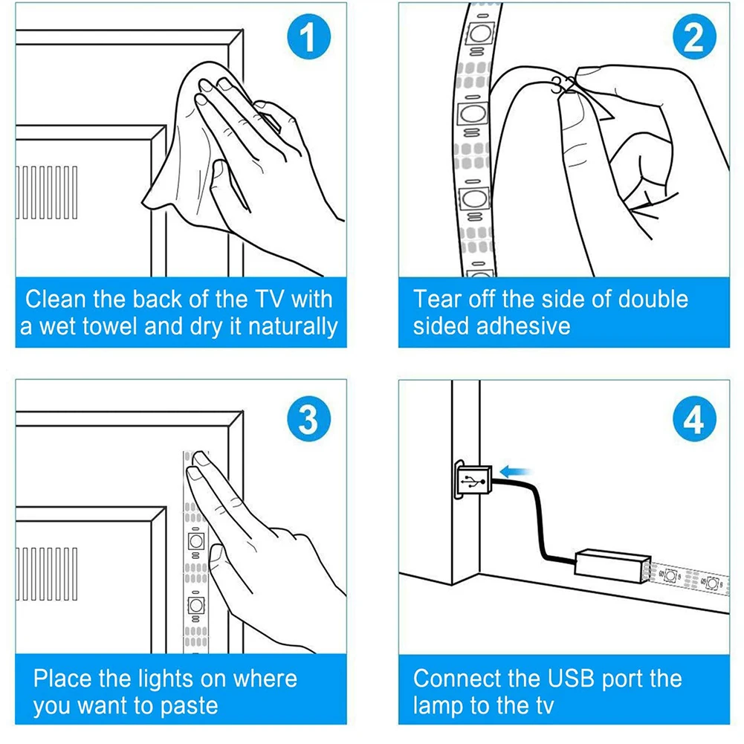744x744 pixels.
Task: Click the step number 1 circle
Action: click(x=308, y=38)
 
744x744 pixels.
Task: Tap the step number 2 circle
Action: click(x=693, y=38)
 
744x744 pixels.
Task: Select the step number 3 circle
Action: click(x=308, y=420)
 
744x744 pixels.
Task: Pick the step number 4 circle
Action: click(x=693, y=420)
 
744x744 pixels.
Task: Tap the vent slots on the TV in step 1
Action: click(x=46, y=193)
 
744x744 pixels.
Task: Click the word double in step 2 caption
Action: click(x=650, y=300)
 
